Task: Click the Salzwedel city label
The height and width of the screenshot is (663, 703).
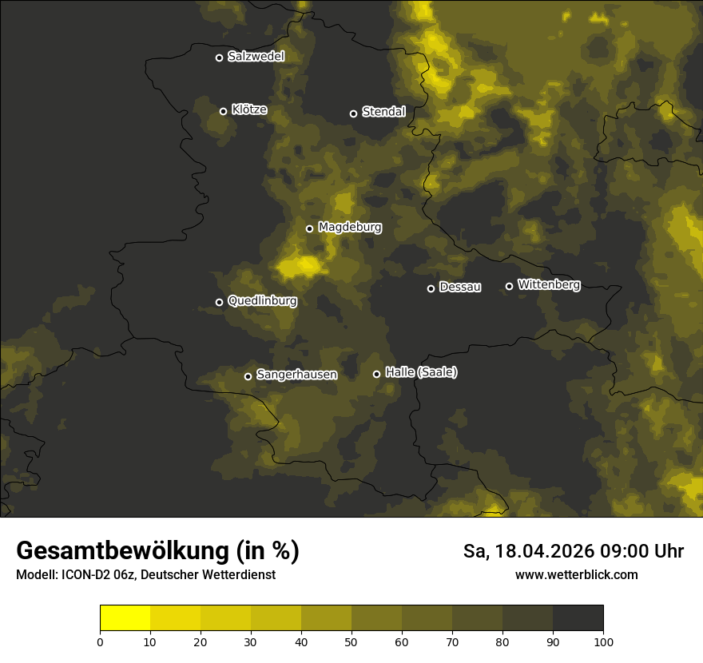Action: pos(256,57)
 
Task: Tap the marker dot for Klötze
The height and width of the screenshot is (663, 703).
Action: pos(224,111)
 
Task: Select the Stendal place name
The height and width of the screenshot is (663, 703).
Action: pos(383,112)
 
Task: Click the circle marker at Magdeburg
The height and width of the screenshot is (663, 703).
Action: pos(310,228)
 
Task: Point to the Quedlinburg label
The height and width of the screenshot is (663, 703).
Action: pos(262,301)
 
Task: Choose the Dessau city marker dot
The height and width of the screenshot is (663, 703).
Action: pos(431,288)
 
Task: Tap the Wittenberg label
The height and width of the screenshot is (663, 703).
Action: pos(548,284)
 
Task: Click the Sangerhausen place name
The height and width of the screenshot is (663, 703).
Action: pos(296,375)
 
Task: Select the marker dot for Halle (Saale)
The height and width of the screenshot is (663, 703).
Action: pos(377,374)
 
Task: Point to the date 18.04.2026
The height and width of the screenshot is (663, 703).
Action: pos(542,551)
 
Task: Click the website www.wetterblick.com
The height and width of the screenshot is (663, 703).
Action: pos(576,574)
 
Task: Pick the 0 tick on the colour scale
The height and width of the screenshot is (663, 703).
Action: pos(100,641)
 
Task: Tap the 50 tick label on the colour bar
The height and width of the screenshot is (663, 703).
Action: pos(351,641)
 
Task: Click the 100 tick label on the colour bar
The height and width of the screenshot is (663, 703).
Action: pos(603,641)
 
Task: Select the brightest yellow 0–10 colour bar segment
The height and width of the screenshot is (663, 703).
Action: pos(125,618)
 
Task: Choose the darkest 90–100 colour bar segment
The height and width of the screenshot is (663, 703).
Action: pos(578,618)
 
